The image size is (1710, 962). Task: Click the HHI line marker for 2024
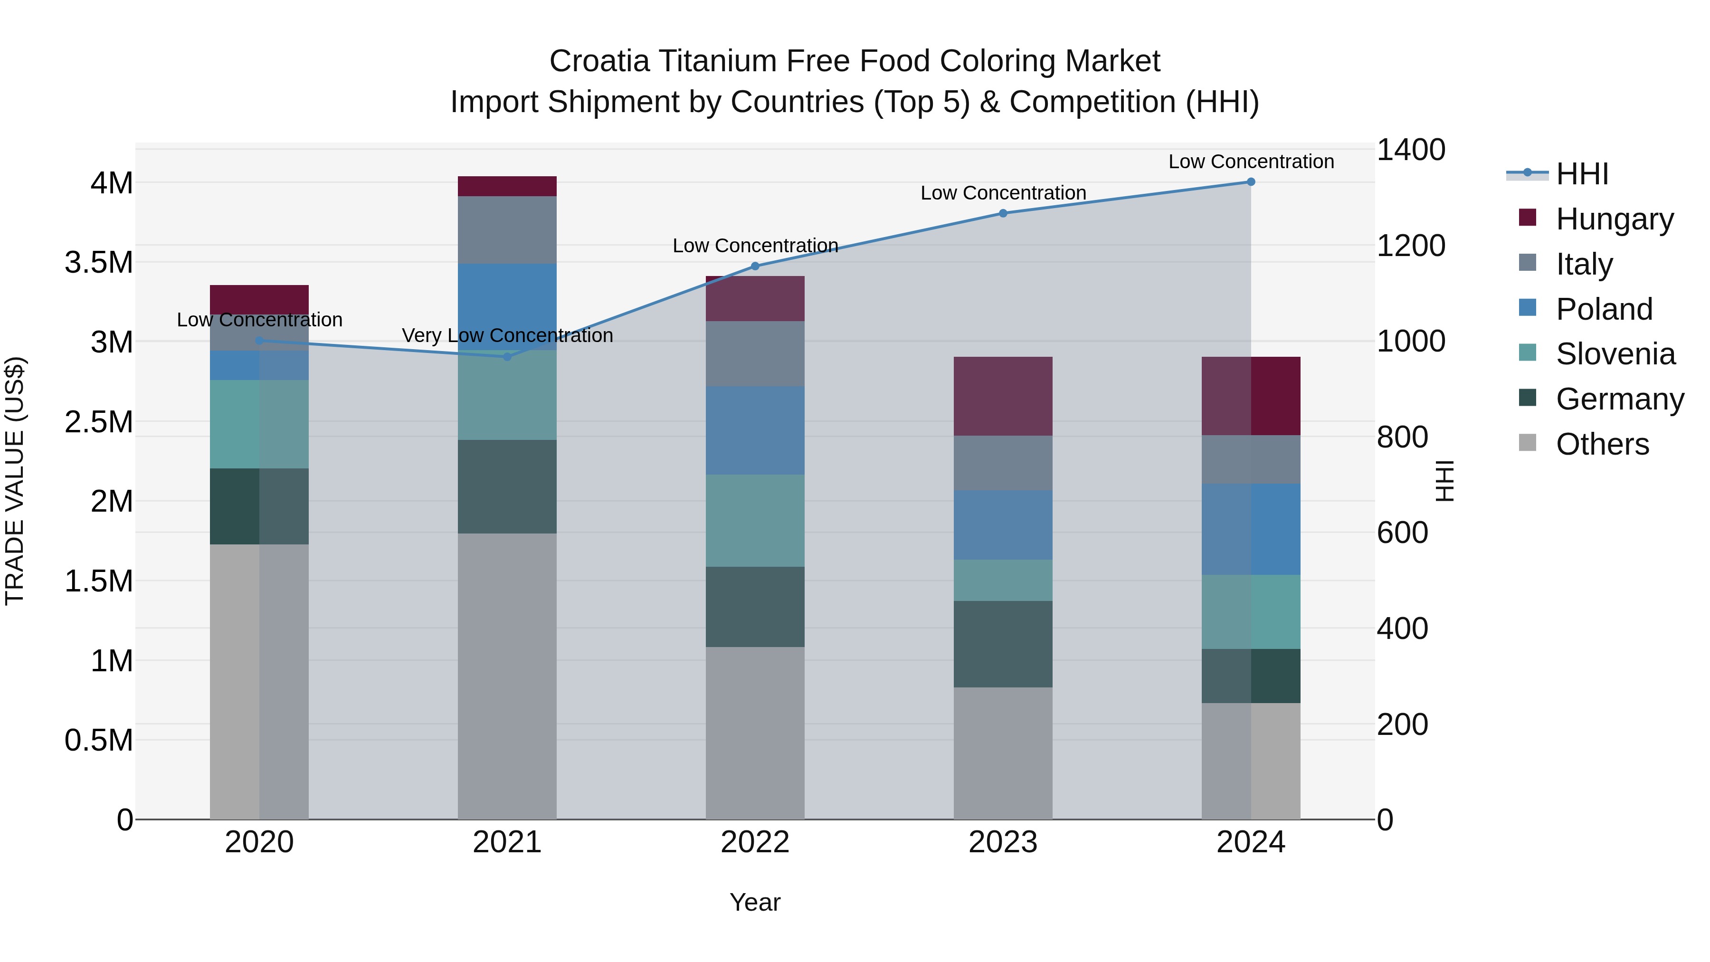pos(1251,182)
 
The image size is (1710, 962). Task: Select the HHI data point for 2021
pos(507,356)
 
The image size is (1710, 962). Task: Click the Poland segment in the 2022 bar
pos(755,430)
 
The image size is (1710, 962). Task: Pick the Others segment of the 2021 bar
pos(507,676)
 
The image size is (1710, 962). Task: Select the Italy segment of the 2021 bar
pos(507,230)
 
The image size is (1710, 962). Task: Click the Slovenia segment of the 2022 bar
pos(755,521)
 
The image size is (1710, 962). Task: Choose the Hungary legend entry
pos(1614,219)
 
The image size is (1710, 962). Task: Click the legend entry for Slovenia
pos(1615,354)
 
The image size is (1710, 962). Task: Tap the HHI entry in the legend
pos(1582,174)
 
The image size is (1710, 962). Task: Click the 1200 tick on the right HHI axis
pos(1411,246)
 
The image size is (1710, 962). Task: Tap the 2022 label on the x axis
pos(755,842)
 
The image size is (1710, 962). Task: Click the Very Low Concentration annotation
pos(507,335)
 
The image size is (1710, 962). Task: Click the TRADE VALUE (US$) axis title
pos(15,481)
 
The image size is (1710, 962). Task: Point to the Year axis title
pos(755,902)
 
